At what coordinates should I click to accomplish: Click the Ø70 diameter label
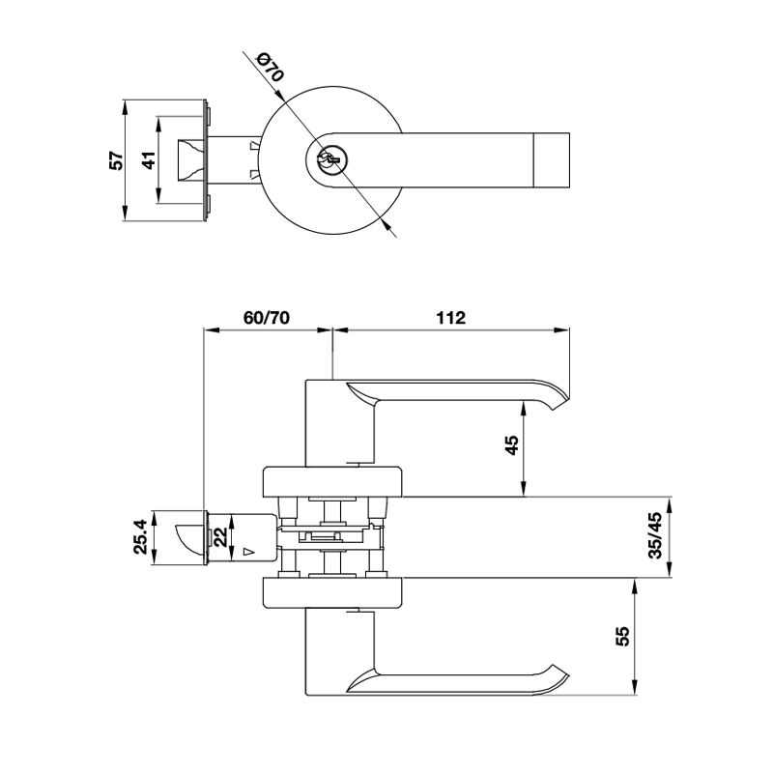coord(271,68)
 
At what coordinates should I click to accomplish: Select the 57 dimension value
coord(116,160)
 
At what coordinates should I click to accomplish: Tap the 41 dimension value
coord(149,160)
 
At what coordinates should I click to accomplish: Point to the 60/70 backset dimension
coord(267,318)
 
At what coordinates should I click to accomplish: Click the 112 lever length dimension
coord(450,318)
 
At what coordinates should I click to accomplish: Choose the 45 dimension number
coord(513,445)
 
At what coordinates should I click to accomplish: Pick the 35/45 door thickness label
coord(656,535)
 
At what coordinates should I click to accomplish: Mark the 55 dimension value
coord(623,636)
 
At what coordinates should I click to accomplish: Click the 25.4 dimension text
coord(141,537)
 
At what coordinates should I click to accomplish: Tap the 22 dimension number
coord(221,537)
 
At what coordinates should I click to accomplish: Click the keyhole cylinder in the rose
coord(329,159)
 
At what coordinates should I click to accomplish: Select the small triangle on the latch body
coord(249,552)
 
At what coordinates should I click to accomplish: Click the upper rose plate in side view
coord(332,481)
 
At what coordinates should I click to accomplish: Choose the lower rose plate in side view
coord(332,592)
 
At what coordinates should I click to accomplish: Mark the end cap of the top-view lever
coord(552,160)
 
